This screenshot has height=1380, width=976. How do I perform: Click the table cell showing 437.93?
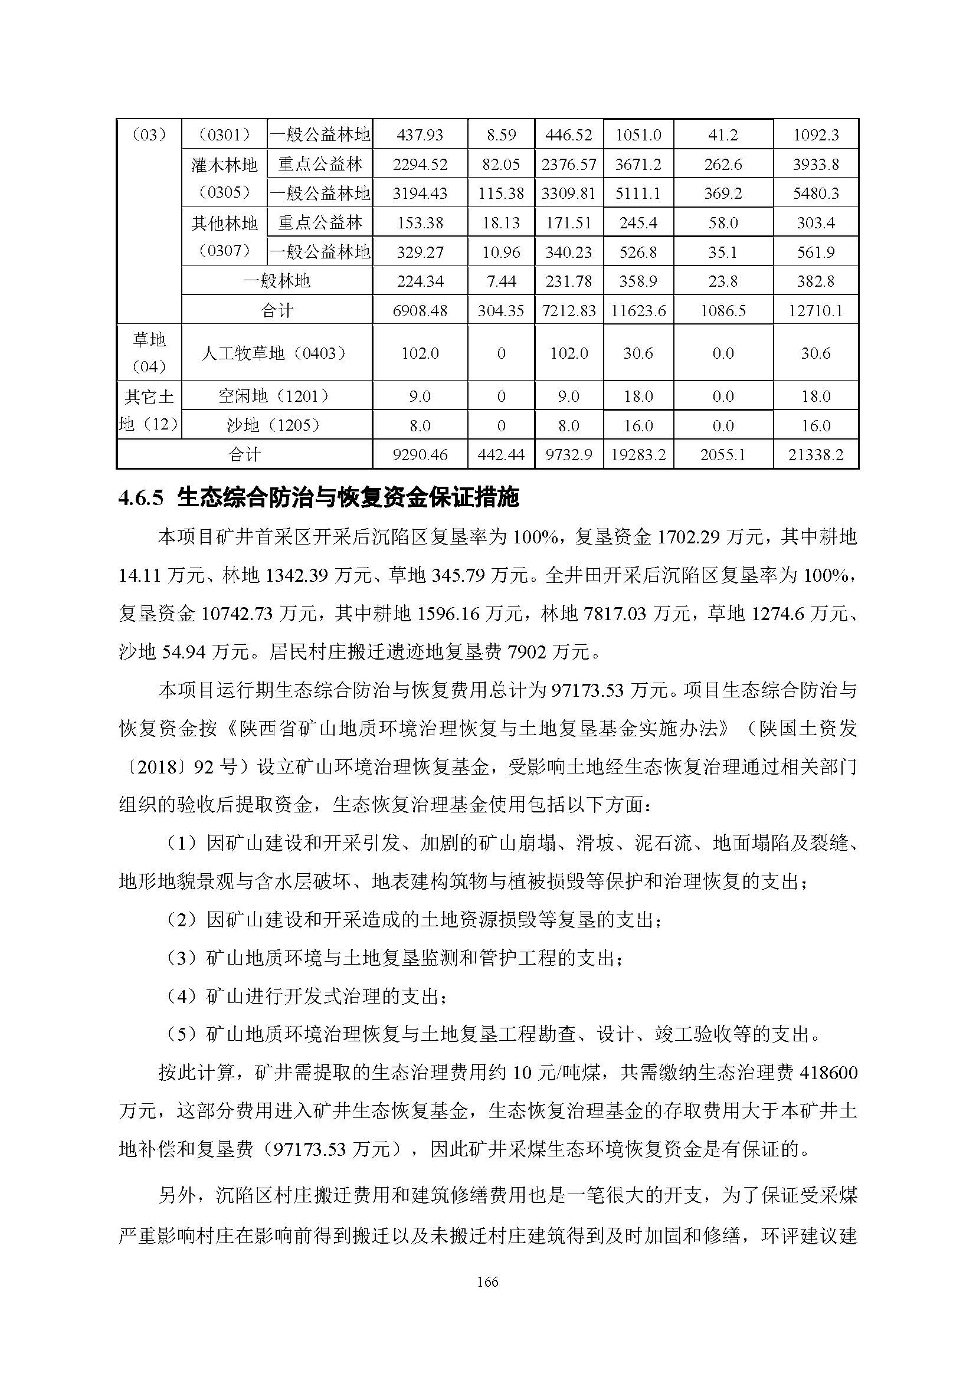[420, 135]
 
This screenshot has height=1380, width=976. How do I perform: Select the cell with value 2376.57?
[568, 164]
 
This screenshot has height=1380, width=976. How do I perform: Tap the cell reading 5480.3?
[815, 194]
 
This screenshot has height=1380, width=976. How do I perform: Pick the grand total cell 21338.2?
[815, 454]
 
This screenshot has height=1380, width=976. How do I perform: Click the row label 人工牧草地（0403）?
[276, 353]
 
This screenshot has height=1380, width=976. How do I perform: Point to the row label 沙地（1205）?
[276, 425]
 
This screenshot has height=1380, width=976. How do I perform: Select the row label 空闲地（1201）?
[276, 396]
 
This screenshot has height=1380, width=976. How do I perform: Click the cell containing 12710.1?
[815, 311]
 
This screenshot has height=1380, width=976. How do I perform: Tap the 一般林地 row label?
[276, 281]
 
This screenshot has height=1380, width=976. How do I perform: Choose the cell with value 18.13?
[500, 223]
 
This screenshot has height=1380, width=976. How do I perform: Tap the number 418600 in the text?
[827, 1073]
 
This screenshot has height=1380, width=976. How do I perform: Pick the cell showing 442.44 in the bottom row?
[500, 454]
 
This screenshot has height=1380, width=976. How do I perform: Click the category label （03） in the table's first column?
[149, 135]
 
